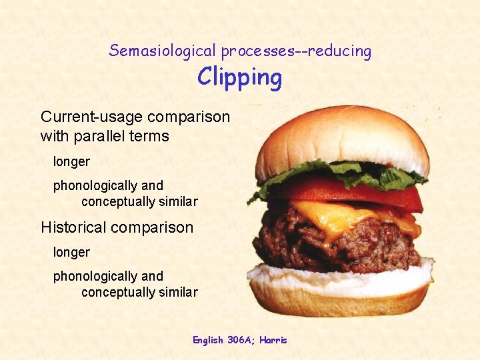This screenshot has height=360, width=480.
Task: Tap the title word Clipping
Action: pos(240,78)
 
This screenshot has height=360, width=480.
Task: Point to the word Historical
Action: pos(73,227)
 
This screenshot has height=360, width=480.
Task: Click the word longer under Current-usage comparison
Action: pos(71,161)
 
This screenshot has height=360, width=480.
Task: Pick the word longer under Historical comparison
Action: pos(71,252)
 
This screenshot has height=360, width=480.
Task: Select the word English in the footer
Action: pos(207,340)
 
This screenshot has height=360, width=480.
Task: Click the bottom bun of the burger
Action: pos(340,293)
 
